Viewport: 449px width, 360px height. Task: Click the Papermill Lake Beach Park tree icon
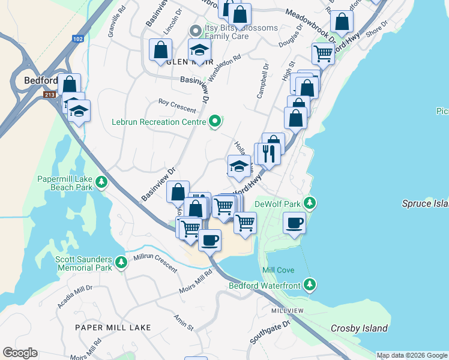(102, 181)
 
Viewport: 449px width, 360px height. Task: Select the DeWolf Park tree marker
(310, 203)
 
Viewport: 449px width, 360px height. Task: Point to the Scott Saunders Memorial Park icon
(121, 262)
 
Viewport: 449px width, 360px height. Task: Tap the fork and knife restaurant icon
(268, 154)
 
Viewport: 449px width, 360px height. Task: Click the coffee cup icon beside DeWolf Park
(294, 224)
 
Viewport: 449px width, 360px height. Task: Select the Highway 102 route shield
(77, 38)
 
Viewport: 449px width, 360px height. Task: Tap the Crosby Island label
(359, 328)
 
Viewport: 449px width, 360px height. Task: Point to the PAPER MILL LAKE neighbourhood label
(112, 327)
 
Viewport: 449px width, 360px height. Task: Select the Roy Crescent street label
(176, 106)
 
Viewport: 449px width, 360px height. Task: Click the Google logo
(20, 353)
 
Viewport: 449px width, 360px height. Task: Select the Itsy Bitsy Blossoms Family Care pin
(194, 29)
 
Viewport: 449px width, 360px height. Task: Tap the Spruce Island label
(425, 204)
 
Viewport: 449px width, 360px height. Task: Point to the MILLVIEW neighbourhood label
(288, 310)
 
